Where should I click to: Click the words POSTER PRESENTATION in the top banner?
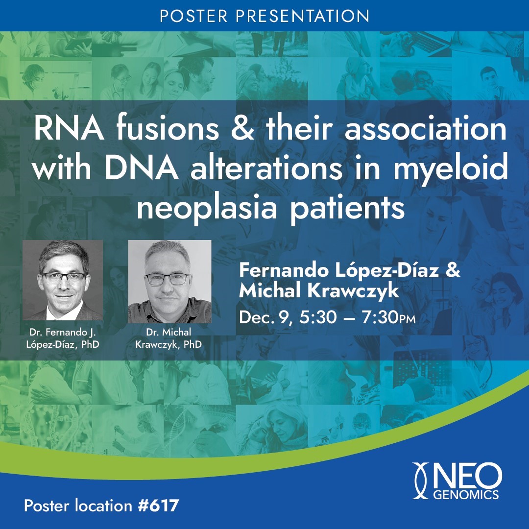coord(264,16)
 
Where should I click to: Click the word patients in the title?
coord(355,207)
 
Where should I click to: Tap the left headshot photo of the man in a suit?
coord(63,280)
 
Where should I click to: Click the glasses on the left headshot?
coord(63,277)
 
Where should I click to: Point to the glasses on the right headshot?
coord(167,279)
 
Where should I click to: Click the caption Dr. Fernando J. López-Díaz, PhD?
coord(62,339)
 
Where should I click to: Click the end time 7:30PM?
coord(387,317)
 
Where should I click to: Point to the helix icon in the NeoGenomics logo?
coord(421,481)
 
